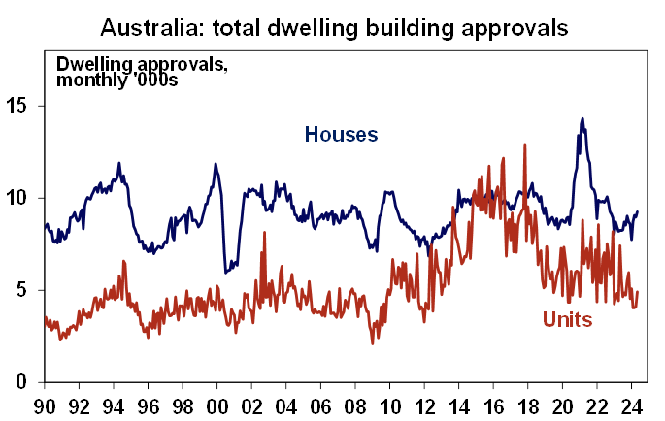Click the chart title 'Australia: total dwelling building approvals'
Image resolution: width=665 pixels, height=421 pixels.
click(332, 25)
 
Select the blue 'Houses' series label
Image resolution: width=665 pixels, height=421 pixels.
click(341, 134)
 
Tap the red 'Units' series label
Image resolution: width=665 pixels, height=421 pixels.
click(567, 319)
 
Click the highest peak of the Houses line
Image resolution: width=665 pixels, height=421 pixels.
click(582, 119)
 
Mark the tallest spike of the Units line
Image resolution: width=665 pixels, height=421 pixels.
click(525, 145)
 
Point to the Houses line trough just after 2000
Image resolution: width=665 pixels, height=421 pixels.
click(225, 272)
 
